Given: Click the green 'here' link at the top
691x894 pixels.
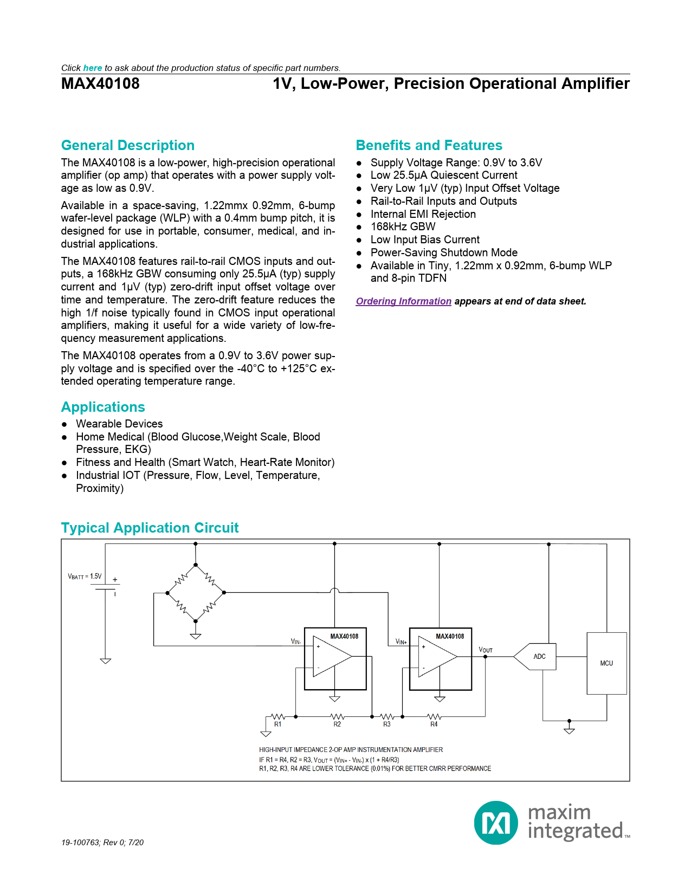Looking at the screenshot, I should [92, 68].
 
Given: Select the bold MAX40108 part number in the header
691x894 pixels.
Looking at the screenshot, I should [100, 83].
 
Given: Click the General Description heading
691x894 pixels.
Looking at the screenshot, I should [127, 145].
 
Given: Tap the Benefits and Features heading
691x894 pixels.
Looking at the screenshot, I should [429, 145].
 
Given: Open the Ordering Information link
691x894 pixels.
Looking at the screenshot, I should [403, 301].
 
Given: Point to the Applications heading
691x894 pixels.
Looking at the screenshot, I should [103, 407].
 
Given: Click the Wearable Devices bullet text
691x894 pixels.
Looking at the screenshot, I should [119, 424].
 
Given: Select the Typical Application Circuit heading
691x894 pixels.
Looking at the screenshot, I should [150, 528].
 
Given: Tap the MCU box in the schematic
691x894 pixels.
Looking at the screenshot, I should [606, 663].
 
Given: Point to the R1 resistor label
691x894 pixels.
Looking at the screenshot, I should [277, 724].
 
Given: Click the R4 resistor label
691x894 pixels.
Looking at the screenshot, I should [434, 724].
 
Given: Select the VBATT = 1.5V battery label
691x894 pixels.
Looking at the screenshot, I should [85, 576].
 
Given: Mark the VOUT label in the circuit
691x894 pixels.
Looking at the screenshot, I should [486, 650].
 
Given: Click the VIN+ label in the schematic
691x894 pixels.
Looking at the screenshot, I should [401, 642].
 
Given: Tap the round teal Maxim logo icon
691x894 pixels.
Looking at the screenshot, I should [496, 822].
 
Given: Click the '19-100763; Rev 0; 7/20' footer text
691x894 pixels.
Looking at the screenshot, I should [102, 843].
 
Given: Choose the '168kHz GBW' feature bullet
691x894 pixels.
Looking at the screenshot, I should [403, 226].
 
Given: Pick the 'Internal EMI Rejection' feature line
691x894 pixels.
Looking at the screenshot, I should [423, 214].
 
